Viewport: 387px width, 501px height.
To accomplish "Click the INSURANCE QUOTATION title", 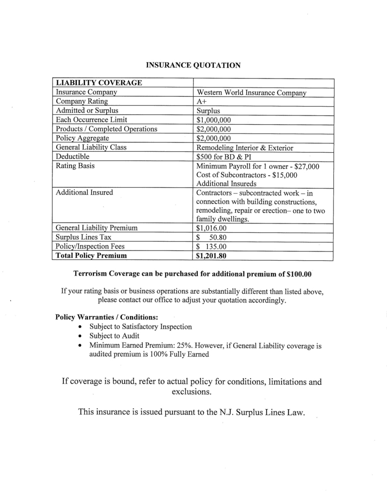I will point(193,65).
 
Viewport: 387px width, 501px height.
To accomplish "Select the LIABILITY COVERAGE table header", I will point(99,83).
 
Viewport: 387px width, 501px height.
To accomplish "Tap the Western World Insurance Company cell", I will point(251,92).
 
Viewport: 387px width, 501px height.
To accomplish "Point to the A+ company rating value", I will point(201,102).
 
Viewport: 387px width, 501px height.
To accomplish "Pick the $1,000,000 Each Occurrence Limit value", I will point(214,120).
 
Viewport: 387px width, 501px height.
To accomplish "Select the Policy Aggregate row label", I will point(83,138).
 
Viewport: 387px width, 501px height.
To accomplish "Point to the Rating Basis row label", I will point(75,166).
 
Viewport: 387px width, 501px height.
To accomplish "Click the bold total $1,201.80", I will point(212,256).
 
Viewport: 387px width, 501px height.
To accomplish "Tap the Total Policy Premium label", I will point(91,256).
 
